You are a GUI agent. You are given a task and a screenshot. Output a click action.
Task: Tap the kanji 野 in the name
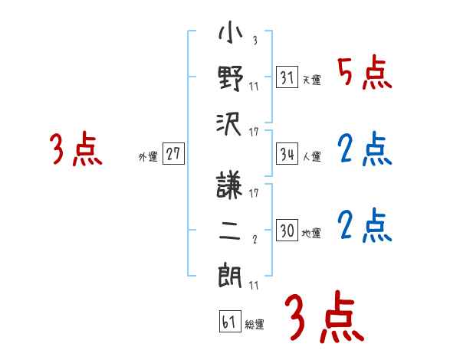(231, 78)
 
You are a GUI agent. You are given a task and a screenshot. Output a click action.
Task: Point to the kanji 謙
(231, 185)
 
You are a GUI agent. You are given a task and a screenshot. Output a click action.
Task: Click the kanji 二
(231, 227)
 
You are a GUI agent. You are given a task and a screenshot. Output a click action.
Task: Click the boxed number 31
(287, 77)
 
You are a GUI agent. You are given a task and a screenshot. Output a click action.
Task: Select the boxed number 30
(287, 231)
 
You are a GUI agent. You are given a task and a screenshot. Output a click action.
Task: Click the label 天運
(311, 80)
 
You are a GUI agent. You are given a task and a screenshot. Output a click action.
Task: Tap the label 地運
(311, 233)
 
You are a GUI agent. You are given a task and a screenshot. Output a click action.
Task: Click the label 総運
(255, 324)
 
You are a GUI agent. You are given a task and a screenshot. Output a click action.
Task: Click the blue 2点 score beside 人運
(364, 149)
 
